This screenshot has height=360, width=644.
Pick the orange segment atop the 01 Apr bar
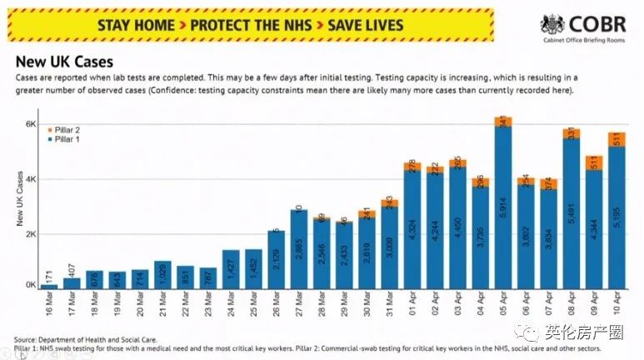click(x=412, y=167)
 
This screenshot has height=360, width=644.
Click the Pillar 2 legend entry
click(x=67, y=131)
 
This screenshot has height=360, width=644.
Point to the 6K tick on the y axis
click(x=29, y=124)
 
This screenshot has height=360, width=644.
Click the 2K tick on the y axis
click(x=29, y=233)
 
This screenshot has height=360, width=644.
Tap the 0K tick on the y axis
click(x=29, y=286)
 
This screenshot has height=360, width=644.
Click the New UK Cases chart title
click(x=65, y=62)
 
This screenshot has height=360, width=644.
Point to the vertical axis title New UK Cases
click(x=18, y=200)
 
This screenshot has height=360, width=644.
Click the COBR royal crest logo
click(x=552, y=25)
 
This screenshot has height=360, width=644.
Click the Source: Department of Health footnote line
click(x=85, y=339)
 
